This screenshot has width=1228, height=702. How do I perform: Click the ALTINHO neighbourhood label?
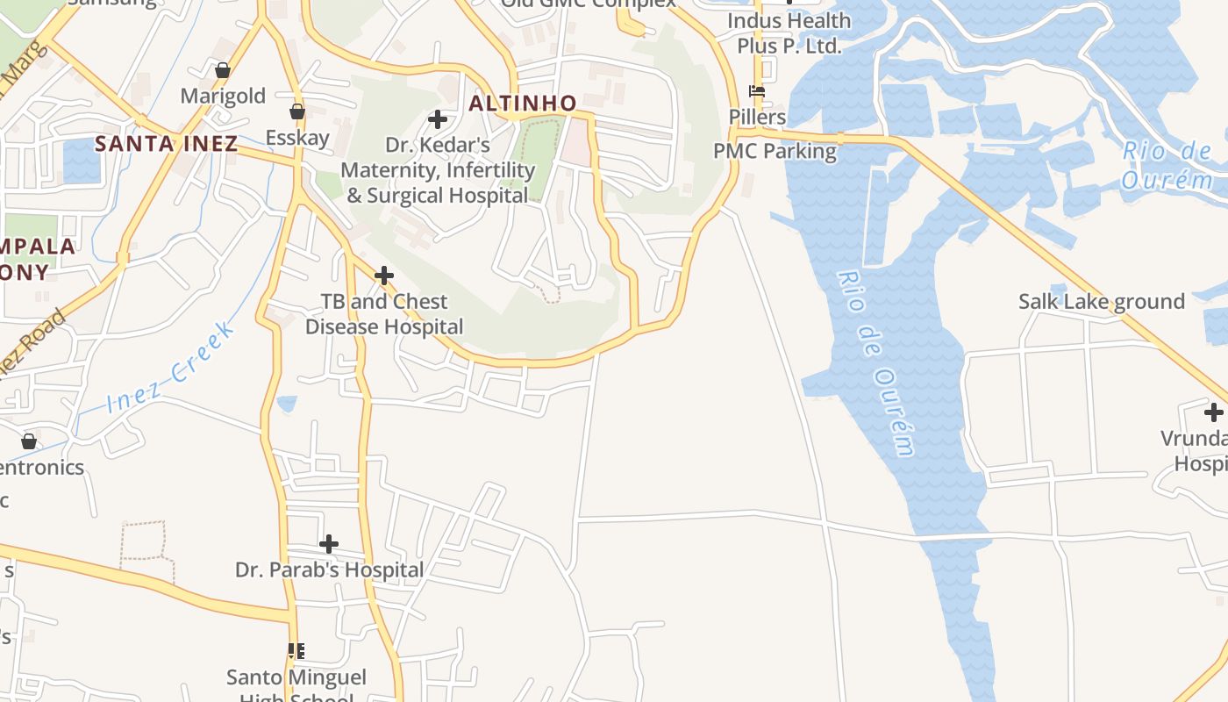(x=522, y=104)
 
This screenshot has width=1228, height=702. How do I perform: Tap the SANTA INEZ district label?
(x=166, y=144)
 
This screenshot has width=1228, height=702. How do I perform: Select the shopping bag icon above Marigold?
(x=223, y=70)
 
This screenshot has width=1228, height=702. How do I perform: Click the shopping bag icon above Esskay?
(x=297, y=111)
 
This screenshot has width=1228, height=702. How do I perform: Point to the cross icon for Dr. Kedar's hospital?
(x=437, y=119)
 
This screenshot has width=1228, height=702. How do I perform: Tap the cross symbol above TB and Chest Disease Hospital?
(x=383, y=276)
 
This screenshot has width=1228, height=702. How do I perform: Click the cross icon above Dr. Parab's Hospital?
(x=329, y=544)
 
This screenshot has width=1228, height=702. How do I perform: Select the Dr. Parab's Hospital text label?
(x=329, y=569)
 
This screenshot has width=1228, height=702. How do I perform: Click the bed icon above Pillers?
(x=757, y=90)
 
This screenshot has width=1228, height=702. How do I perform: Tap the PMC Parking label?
(x=775, y=150)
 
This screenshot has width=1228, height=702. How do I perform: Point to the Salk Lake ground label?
(x=1101, y=301)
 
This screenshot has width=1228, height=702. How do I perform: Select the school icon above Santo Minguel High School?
(x=296, y=650)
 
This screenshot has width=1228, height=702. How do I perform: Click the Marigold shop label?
(x=223, y=96)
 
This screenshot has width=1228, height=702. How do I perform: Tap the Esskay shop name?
(x=297, y=137)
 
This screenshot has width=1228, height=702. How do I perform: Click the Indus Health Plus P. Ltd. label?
(x=789, y=32)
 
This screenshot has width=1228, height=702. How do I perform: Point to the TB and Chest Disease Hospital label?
(x=383, y=313)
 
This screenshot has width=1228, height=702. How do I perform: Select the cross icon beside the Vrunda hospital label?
(x=1213, y=412)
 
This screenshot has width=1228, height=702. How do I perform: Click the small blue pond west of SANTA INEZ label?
(x=82, y=161)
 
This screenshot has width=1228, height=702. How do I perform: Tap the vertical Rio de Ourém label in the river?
(x=876, y=363)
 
